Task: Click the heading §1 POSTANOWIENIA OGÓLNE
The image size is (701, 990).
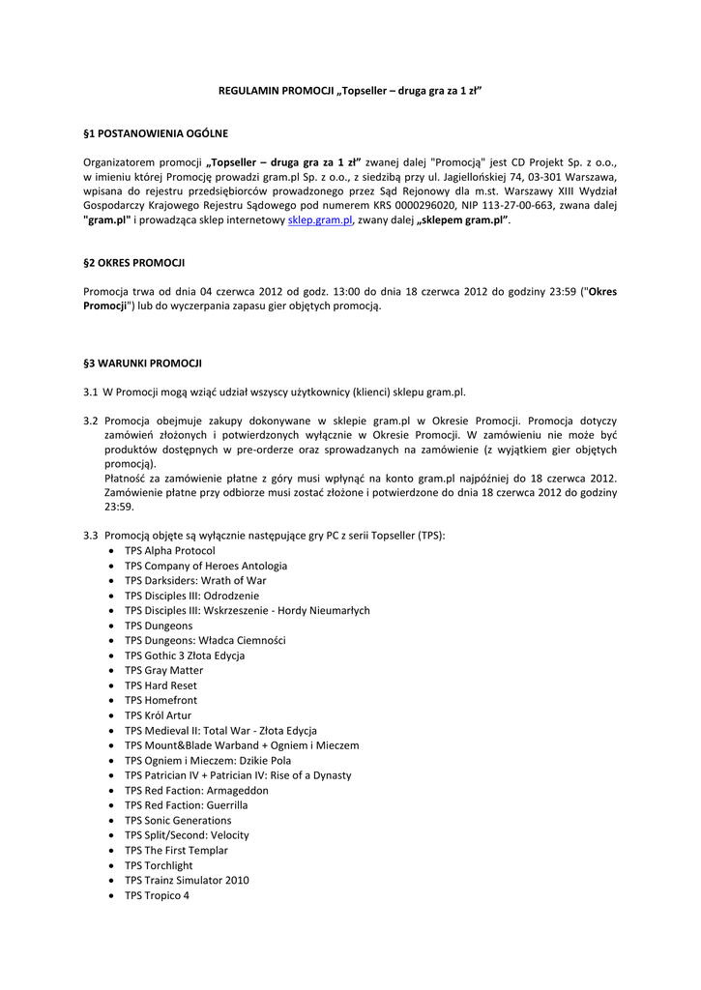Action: (x=156, y=131)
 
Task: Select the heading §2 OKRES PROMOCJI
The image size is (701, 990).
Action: (x=134, y=263)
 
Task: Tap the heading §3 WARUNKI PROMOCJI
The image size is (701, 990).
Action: (x=142, y=364)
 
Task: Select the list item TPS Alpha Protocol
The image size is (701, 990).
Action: (x=170, y=550)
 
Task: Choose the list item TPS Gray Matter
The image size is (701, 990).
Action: (x=164, y=670)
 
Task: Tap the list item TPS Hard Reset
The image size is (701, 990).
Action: (x=161, y=685)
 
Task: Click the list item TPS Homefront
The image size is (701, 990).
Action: (x=161, y=700)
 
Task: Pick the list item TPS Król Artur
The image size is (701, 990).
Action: (x=159, y=715)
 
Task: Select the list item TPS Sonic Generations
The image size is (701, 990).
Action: (x=178, y=820)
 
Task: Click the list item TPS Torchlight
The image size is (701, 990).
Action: (x=159, y=865)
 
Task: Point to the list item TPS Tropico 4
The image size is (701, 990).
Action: (x=157, y=895)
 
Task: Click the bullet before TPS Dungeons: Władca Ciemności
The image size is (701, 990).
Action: (x=113, y=641)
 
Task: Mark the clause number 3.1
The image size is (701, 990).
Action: (x=91, y=393)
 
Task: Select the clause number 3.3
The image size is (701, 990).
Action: (x=91, y=536)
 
